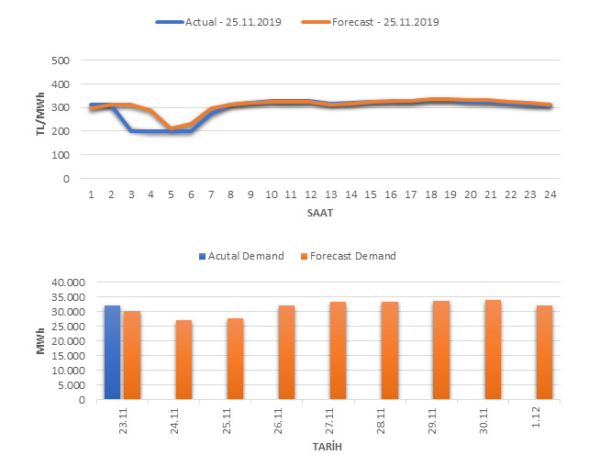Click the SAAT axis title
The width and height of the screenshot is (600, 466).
pyautogui.click(x=320, y=213)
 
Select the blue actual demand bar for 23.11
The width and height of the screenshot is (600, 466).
pyautogui.click(x=112, y=352)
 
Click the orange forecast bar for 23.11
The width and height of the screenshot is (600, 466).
pyautogui.click(x=132, y=355)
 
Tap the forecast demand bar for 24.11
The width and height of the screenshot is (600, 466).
pyautogui.click(x=183, y=360)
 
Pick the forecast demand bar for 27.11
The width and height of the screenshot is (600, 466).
pyautogui.click(x=338, y=350)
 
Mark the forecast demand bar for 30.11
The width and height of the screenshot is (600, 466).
pyautogui.click(x=492, y=349)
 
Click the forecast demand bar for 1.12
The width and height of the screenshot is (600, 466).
pyautogui.click(x=543, y=352)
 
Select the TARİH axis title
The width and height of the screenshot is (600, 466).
pyautogui.click(x=321, y=449)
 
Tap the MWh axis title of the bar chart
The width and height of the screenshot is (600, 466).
pyautogui.click(x=41, y=341)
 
